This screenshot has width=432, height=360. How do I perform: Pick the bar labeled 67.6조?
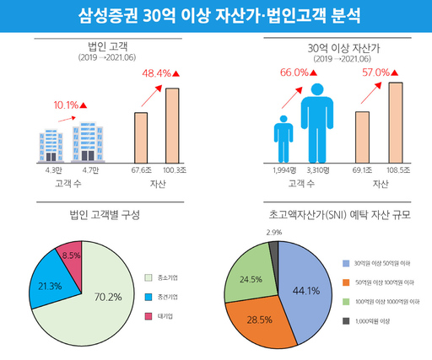coord(141,136)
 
